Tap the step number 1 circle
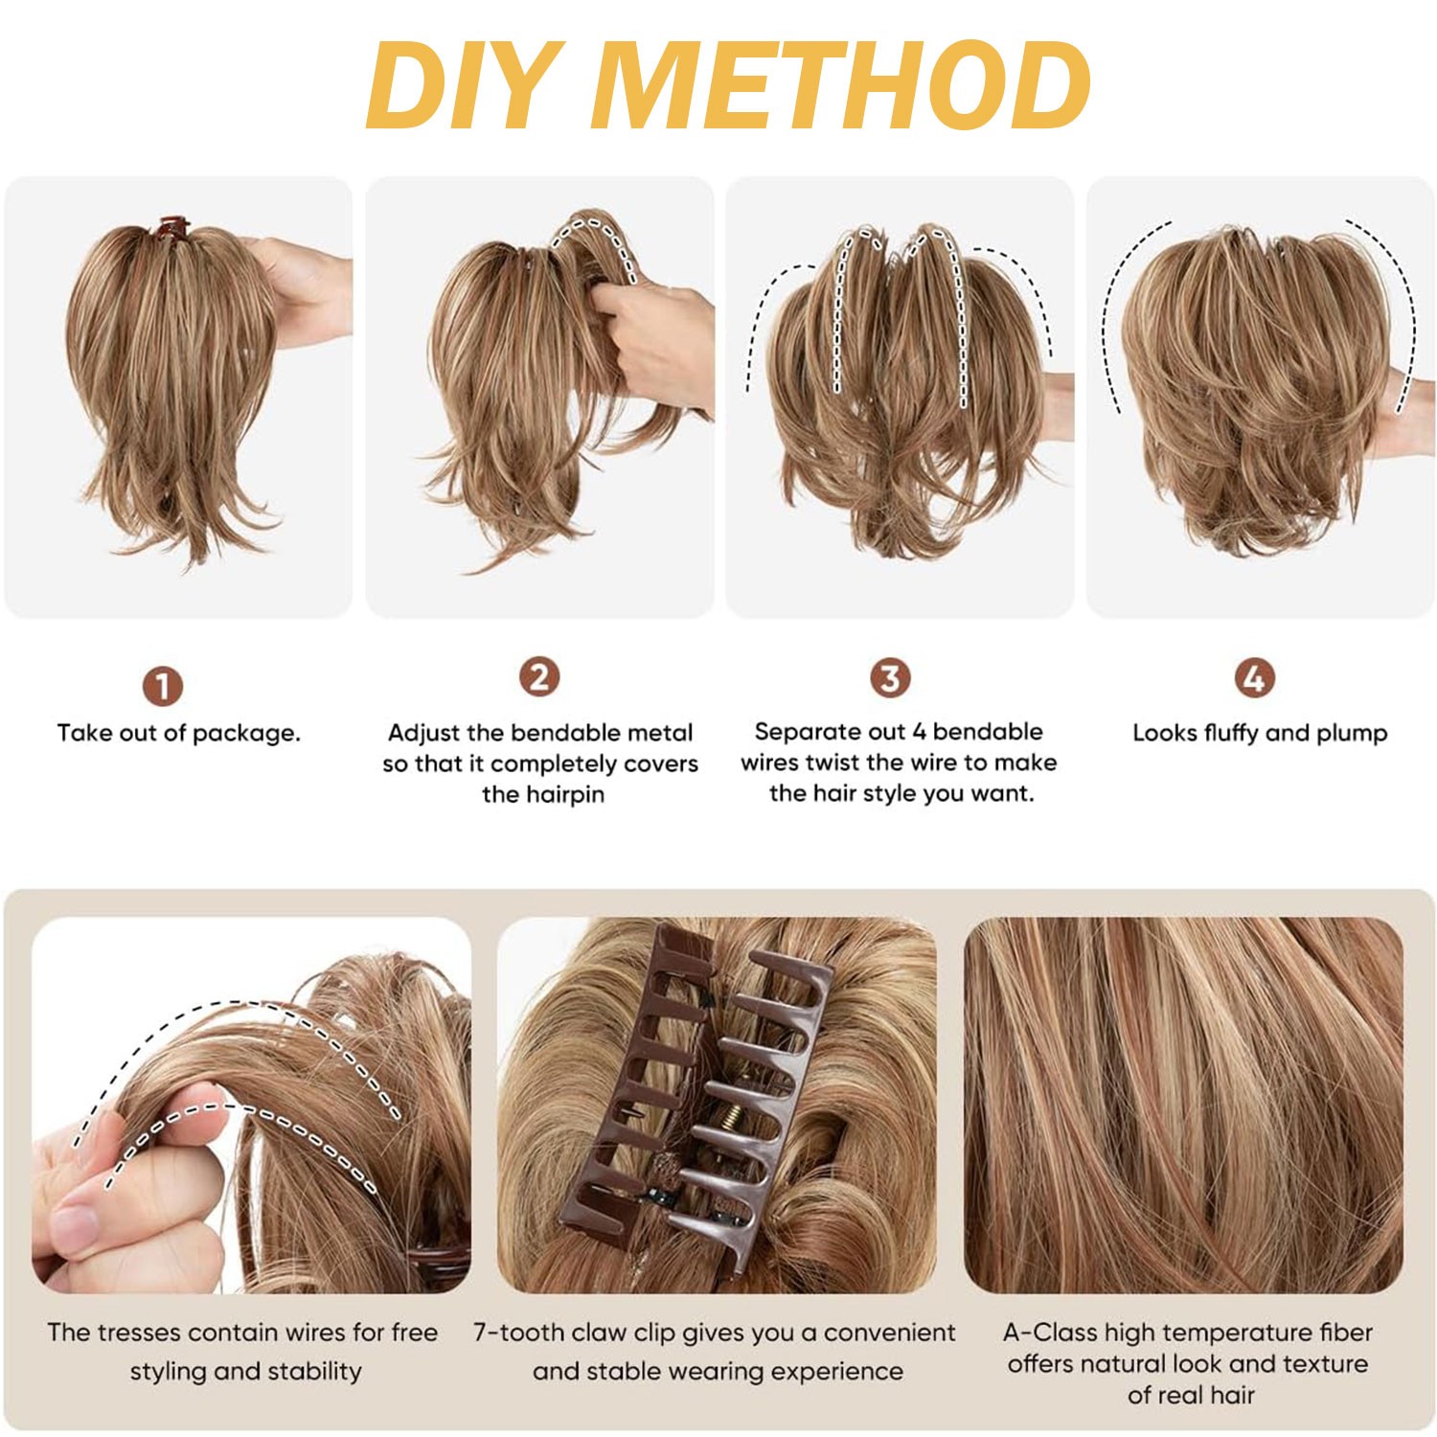pos(162,686)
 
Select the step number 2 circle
pos(539,677)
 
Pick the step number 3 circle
pos(890,677)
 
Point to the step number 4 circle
pos(1254,677)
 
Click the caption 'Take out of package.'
pos(179,733)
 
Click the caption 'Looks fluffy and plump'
pos(1260,733)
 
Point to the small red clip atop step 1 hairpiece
pos(172,230)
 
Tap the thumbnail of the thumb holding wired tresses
pos(74,1225)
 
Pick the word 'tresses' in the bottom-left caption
pos(145,1333)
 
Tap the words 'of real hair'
pos(1191,1395)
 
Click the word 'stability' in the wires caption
pos(312,1372)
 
